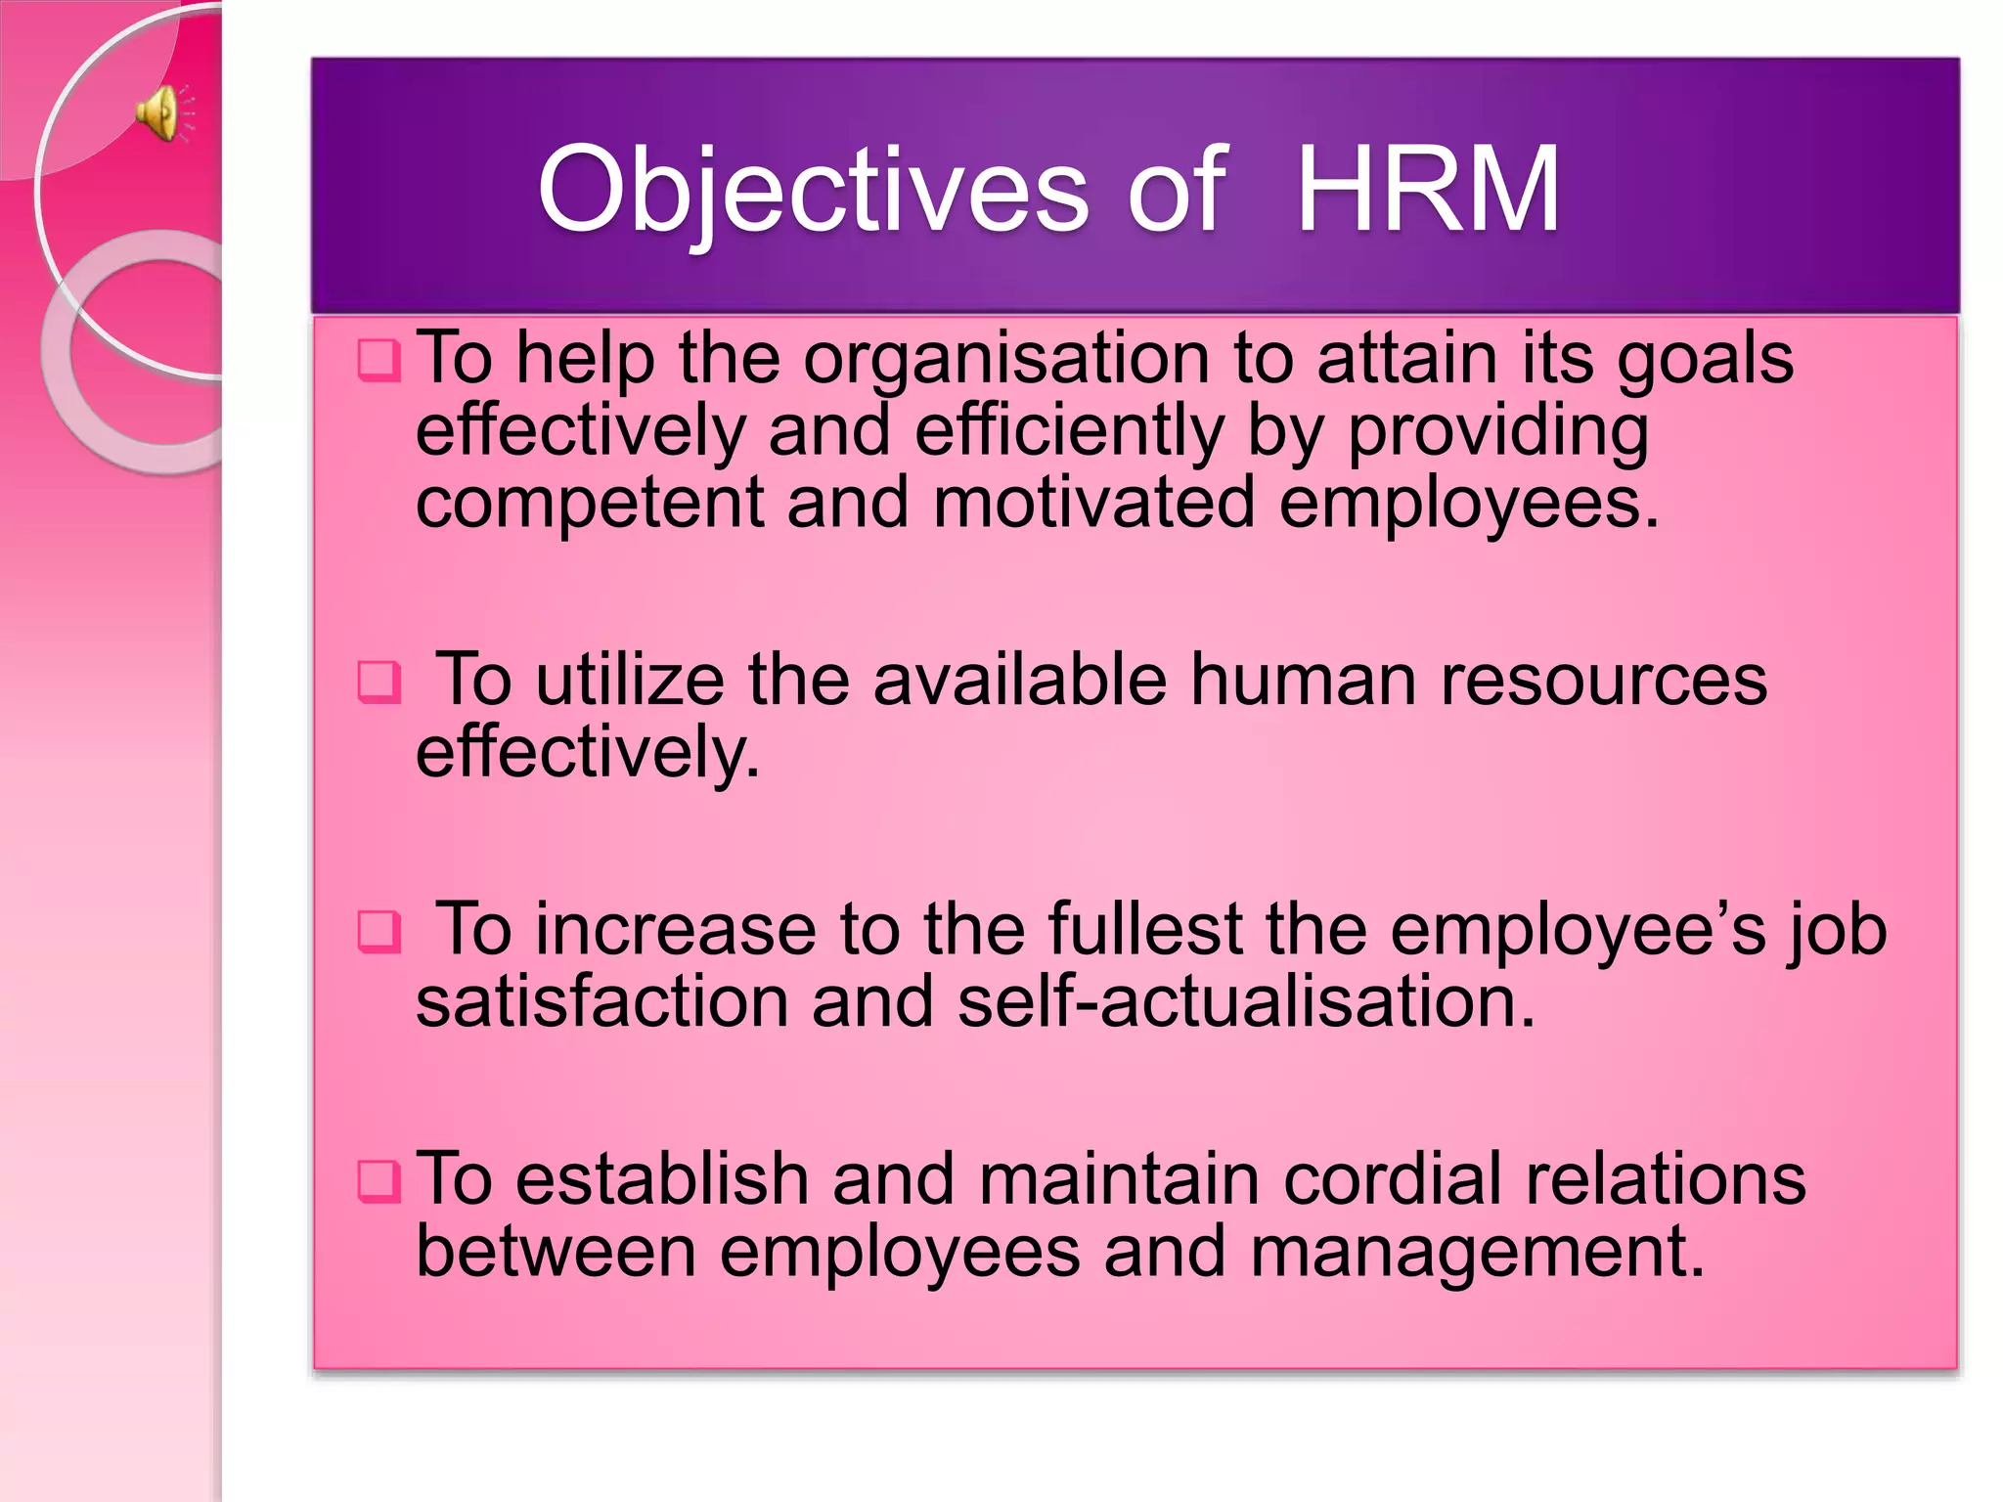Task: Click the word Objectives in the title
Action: [813, 190]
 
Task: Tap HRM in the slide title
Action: [1427, 190]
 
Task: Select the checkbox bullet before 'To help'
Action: [378, 361]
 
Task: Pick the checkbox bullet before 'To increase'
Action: [378, 931]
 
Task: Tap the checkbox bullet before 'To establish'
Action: [378, 1181]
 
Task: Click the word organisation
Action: [1006, 360]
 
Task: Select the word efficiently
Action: [1069, 431]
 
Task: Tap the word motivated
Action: [1093, 504]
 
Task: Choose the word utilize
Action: [630, 680]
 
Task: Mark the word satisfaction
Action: [601, 1002]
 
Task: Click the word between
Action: [556, 1253]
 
